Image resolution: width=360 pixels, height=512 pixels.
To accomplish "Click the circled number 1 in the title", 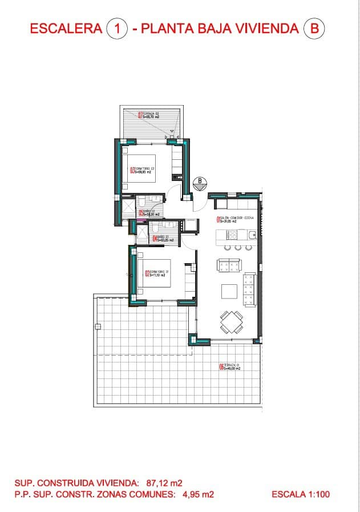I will [x=117, y=28].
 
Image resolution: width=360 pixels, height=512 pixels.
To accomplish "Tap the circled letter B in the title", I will [x=313, y=28].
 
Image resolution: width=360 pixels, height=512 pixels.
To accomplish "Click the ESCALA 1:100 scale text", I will [x=301, y=494].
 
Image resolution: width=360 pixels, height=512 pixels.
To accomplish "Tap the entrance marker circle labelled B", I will [x=200, y=183].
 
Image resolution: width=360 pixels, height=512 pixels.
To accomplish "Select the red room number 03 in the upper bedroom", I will [x=132, y=170].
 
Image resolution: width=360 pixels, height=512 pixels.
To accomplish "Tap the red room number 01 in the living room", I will [x=218, y=219].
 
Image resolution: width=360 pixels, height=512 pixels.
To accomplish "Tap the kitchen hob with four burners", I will [x=232, y=234].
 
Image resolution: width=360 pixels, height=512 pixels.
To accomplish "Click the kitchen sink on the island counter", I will [x=251, y=234].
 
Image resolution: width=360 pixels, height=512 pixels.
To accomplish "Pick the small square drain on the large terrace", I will [x=98, y=326].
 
